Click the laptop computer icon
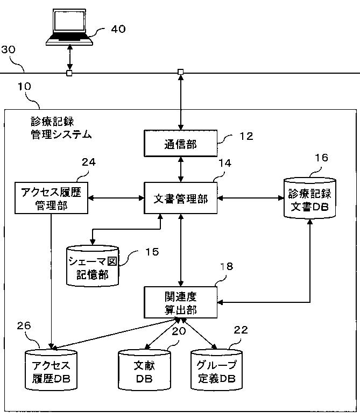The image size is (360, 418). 69,27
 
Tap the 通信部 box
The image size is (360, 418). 180,144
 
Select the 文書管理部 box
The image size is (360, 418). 180,198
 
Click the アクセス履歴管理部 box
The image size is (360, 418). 51,198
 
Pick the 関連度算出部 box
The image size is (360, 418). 180,302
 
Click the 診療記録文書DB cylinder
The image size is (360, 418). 309,199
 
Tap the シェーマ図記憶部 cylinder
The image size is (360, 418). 92,266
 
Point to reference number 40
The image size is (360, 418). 118,29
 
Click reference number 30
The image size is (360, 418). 8,49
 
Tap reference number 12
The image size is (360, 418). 246,136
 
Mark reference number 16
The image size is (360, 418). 321,158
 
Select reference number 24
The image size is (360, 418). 89,162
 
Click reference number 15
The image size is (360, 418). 152,252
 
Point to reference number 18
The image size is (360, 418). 227,266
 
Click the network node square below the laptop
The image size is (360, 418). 69,73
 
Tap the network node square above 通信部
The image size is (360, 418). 180,72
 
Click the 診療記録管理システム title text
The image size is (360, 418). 61,128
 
